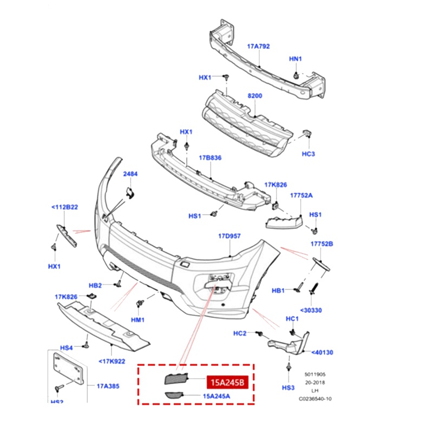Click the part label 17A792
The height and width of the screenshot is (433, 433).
click(259, 47)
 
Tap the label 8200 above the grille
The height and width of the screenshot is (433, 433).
click(255, 95)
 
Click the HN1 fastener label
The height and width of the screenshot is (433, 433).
click(296, 58)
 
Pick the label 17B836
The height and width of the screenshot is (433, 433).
click(210, 158)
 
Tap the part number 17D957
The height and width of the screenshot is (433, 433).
click(229, 237)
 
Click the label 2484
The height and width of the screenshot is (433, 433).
click(130, 174)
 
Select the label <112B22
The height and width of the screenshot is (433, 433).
click(65, 207)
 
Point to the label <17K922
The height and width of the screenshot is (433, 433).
click(111, 361)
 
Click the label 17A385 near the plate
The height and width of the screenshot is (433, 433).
click(108, 386)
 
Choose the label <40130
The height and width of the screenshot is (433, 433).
click(322, 352)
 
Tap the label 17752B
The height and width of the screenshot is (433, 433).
click(322, 244)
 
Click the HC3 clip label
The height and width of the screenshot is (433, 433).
click(309, 154)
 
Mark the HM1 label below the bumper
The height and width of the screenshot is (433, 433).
click(138, 320)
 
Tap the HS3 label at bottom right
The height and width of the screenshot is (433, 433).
click(288, 388)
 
